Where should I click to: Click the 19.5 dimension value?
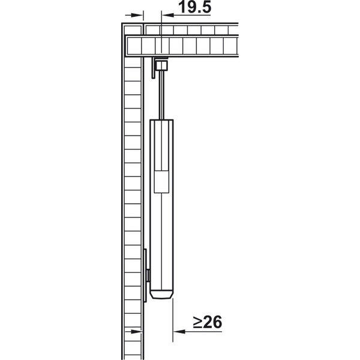tap(194, 7)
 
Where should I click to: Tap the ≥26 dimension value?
tap(208, 322)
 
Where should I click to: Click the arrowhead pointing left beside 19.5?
tap(168, 15)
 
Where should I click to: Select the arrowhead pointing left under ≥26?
tap(179, 332)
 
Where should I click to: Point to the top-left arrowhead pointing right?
tap(137, 15)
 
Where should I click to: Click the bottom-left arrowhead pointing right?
tap(137, 332)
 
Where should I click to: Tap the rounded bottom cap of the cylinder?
tap(161, 295)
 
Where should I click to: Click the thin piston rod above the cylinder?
tap(162, 95)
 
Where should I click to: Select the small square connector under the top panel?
tap(161, 65)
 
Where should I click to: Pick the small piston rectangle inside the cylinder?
tap(161, 182)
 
